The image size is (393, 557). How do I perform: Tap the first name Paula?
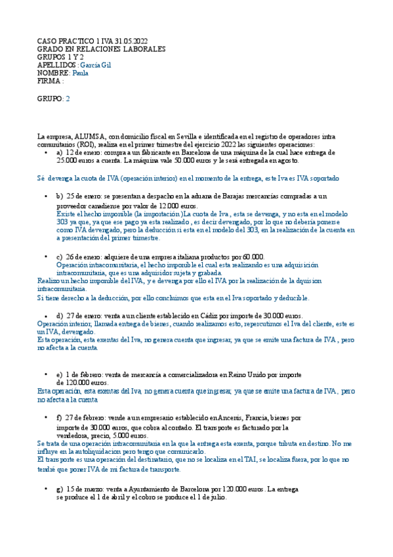[x=81, y=74]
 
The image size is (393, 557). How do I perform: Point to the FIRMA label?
[x=49, y=81]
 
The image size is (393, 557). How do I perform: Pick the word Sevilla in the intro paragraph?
[x=199, y=137]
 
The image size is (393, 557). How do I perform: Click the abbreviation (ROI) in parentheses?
[x=83, y=145]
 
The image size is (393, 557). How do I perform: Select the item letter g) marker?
[x=60, y=490]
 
